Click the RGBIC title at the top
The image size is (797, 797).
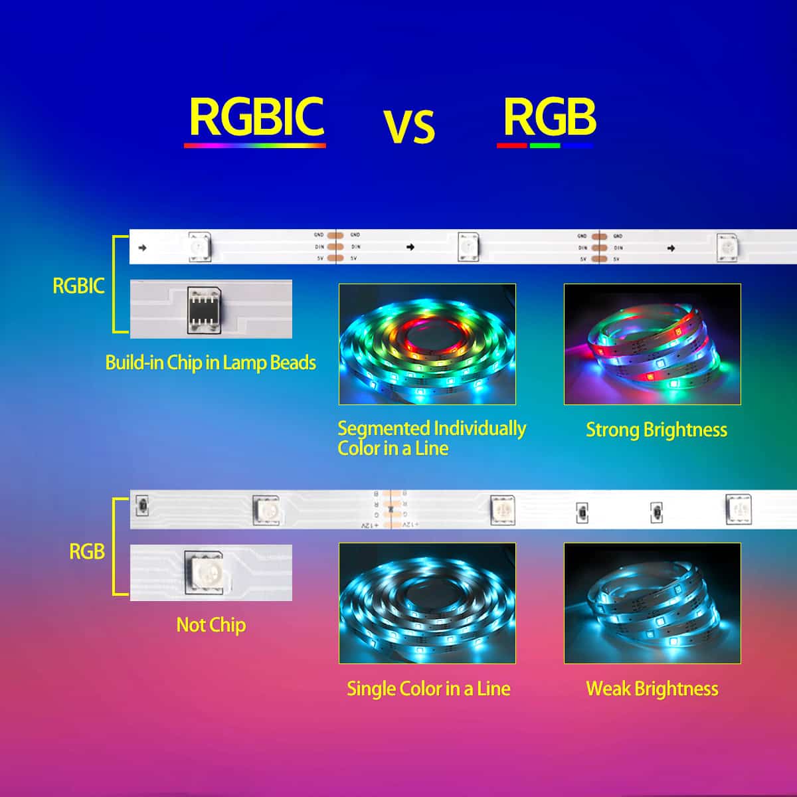coord(256,117)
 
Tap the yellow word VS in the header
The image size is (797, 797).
coord(408,126)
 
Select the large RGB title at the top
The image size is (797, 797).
coord(549,117)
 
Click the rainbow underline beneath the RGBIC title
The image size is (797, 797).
coord(254,145)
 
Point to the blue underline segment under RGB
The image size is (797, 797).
coord(578,145)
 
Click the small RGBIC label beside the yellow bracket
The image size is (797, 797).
coord(78,286)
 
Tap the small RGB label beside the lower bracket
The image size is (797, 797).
coord(87,551)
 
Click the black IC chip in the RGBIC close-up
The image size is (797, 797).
coord(204,309)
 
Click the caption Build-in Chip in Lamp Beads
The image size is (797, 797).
coord(211,363)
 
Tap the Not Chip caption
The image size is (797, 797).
coord(211,625)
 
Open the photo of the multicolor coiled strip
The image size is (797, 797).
coord(427,344)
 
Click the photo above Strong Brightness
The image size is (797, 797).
coord(652,344)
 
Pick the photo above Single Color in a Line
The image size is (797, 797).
coord(427,603)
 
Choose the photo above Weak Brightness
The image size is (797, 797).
coord(652,603)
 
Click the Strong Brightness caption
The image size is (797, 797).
coord(656,430)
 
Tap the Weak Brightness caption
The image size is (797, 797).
coord(652,689)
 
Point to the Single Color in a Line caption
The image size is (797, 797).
coord(428,689)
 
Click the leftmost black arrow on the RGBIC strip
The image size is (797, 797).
coord(142,248)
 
